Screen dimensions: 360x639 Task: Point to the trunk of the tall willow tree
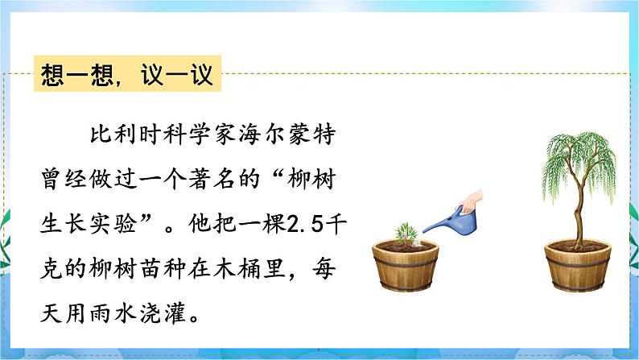point(576,209)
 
